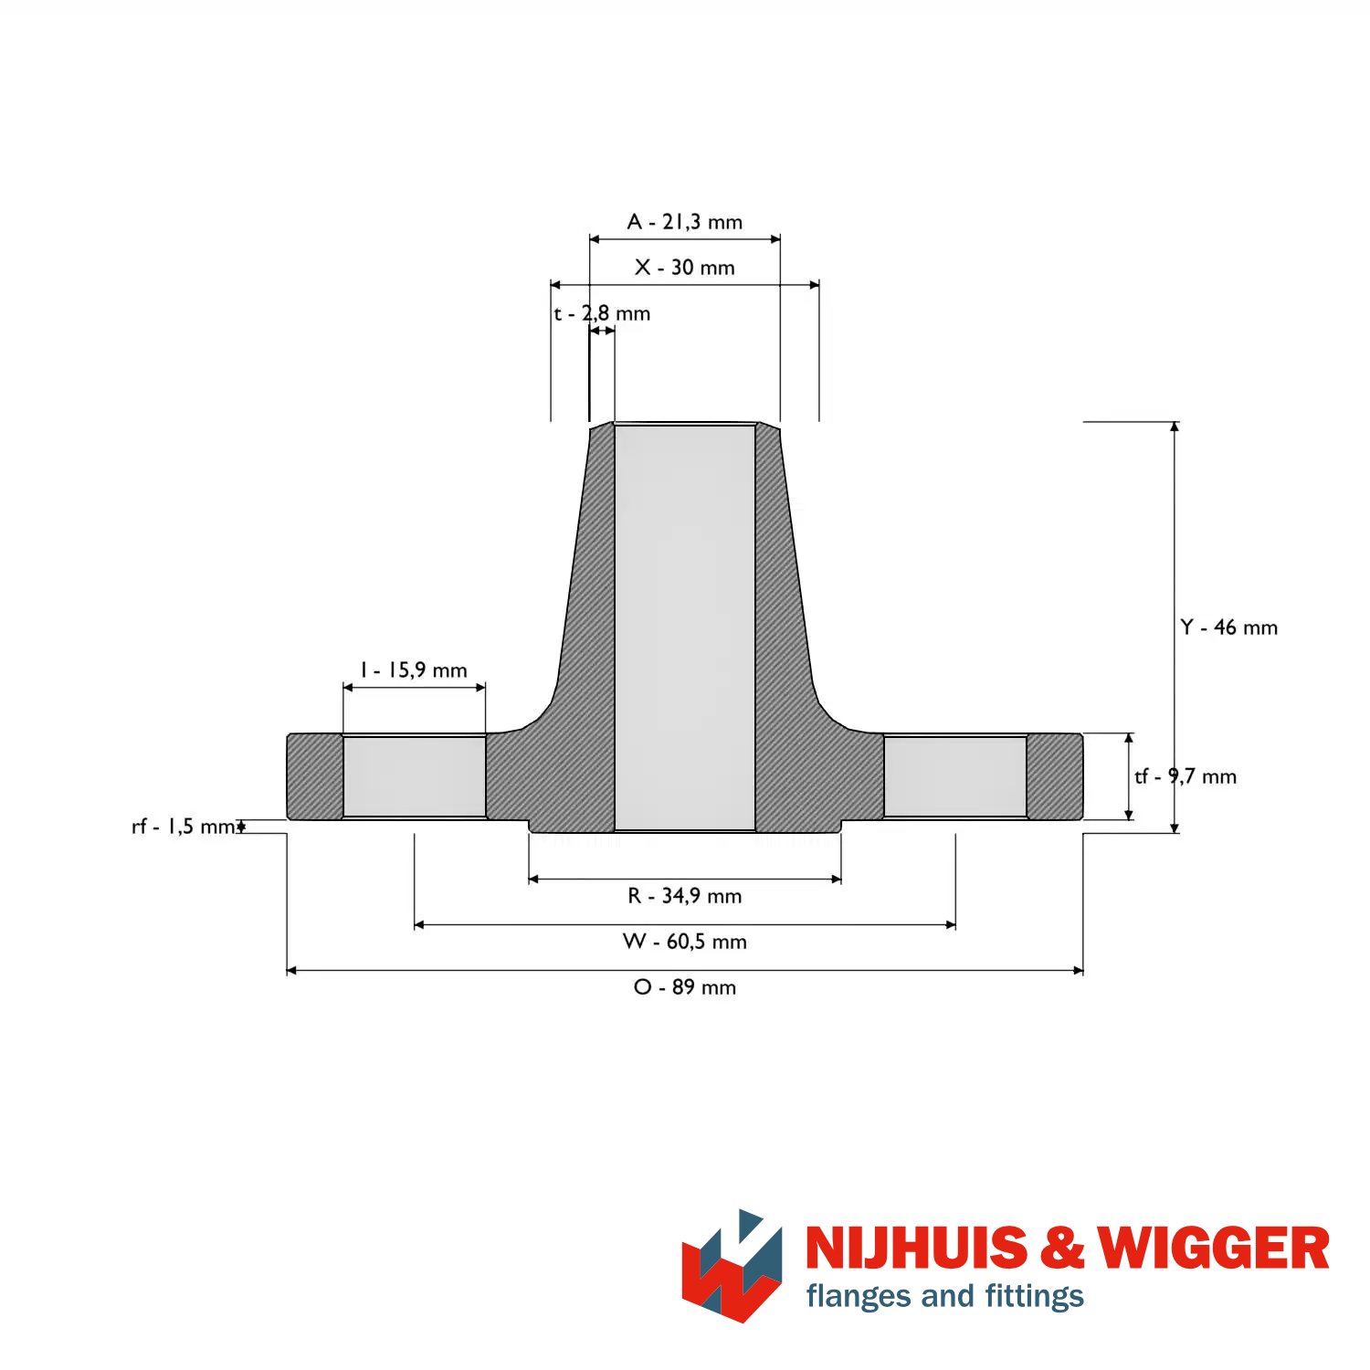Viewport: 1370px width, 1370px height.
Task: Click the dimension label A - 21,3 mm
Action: pyautogui.click(x=684, y=222)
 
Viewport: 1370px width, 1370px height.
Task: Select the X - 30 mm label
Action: pyautogui.click(x=684, y=268)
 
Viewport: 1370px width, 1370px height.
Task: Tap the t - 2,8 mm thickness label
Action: pyautogui.click(x=602, y=314)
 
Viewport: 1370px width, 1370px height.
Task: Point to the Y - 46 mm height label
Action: pyautogui.click(x=1228, y=627)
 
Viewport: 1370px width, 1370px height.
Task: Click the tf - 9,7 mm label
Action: pyautogui.click(x=1186, y=776)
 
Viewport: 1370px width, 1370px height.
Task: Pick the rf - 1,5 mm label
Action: pyautogui.click(x=184, y=827)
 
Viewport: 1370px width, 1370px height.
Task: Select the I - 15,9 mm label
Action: pyautogui.click(x=414, y=670)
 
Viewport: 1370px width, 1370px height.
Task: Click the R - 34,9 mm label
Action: pyautogui.click(x=684, y=896)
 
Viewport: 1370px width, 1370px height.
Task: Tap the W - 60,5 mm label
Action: pyautogui.click(x=684, y=942)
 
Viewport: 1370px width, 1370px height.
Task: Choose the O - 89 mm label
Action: pyautogui.click(x=684, y=987)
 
